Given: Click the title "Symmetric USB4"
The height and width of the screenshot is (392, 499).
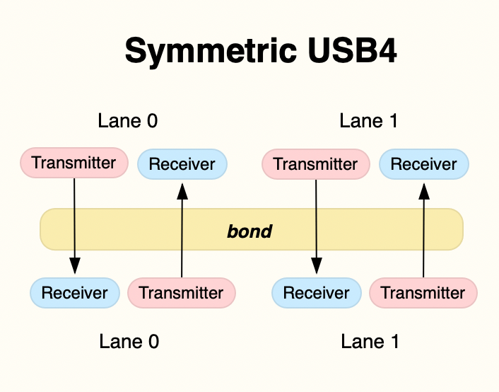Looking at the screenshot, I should click(x=249, y=51).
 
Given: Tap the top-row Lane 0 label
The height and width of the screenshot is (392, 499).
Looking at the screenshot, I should click(x=128, y=121).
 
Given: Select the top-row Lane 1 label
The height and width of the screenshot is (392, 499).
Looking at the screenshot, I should click(x=368, y=121).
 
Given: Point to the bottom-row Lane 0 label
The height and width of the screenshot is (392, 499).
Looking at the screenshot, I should click(x=129, y=342).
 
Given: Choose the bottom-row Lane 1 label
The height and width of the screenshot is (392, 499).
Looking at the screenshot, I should click(x=370, y=342).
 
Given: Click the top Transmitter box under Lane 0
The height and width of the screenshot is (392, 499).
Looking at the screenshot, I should click(x=74, y=163).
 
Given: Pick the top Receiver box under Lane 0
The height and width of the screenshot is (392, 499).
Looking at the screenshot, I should click(x=182, y=164).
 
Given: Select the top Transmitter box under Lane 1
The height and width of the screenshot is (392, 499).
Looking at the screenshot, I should click(x=315, y=164).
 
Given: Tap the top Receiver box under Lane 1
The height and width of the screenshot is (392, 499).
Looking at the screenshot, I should click(x=424, y=164).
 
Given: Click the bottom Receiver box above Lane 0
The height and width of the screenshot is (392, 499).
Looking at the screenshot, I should click(x=74, y=292).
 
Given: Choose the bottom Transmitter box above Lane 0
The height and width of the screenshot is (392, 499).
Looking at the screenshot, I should click(x=182, y=292).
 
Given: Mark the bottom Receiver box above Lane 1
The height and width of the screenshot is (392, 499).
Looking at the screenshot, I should click(x=316, y=292).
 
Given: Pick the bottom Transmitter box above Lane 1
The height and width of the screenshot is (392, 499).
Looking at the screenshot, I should click(x=423, y=292).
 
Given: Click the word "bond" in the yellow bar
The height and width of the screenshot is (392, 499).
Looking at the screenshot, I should click(x=249, y=231).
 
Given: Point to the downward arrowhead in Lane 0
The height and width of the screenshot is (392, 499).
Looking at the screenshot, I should click(x=74, y=267).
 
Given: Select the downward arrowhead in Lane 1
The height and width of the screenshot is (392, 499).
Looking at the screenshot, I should click(x=316, y=267).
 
